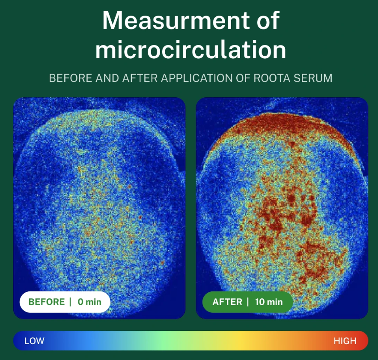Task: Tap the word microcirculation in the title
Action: [x=190, y=50]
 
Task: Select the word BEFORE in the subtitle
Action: [x=66, y=78]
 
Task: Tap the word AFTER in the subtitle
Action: [x=137, y=78]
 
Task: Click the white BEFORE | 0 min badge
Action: [x=65, y=302]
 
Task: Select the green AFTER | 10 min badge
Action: [x=247, y=302]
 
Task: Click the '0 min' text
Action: [x=89, y=302]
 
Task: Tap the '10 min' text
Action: [x=269, y=302]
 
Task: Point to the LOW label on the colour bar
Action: [x=34, y=341]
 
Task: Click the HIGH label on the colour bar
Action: [x=345, y=341]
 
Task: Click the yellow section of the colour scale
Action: [x=240, y=341]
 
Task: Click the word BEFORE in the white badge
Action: [x=47, y=302]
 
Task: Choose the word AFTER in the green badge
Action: [x=227, y=302]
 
